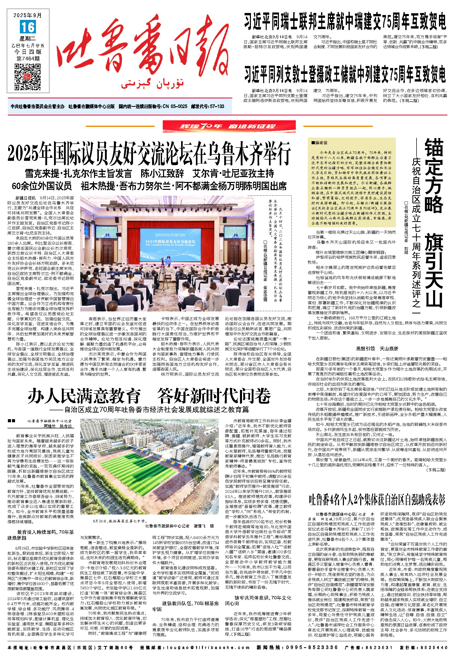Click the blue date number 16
[x=28, y=27]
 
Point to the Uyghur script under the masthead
[x=152, y=84]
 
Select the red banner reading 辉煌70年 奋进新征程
[x=229, y=126]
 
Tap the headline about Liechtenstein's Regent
[x=345, y=74]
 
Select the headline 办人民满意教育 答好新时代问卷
[x=149, y=396]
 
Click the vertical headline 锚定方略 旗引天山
[x=434, y=222]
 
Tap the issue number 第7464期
[x=28, y=58]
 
